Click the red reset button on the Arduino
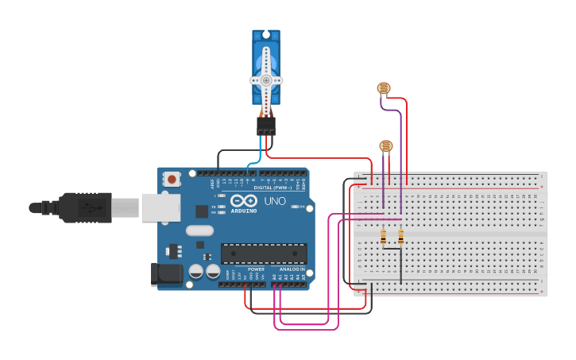point(172,180)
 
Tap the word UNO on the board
point(274,202)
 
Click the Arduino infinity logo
point(244,200)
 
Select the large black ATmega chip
point(264,254)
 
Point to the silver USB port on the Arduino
point(161,208)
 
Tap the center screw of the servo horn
point(266,80)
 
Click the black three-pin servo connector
point(266,126)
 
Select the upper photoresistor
point(384,89)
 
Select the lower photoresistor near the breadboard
point(385,145)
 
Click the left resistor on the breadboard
point(384,237)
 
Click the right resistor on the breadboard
point(400,237)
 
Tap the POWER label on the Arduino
point(256,269)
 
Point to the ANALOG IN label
point(291,269)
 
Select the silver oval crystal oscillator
point(199,230)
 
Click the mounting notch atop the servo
point(266,34)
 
